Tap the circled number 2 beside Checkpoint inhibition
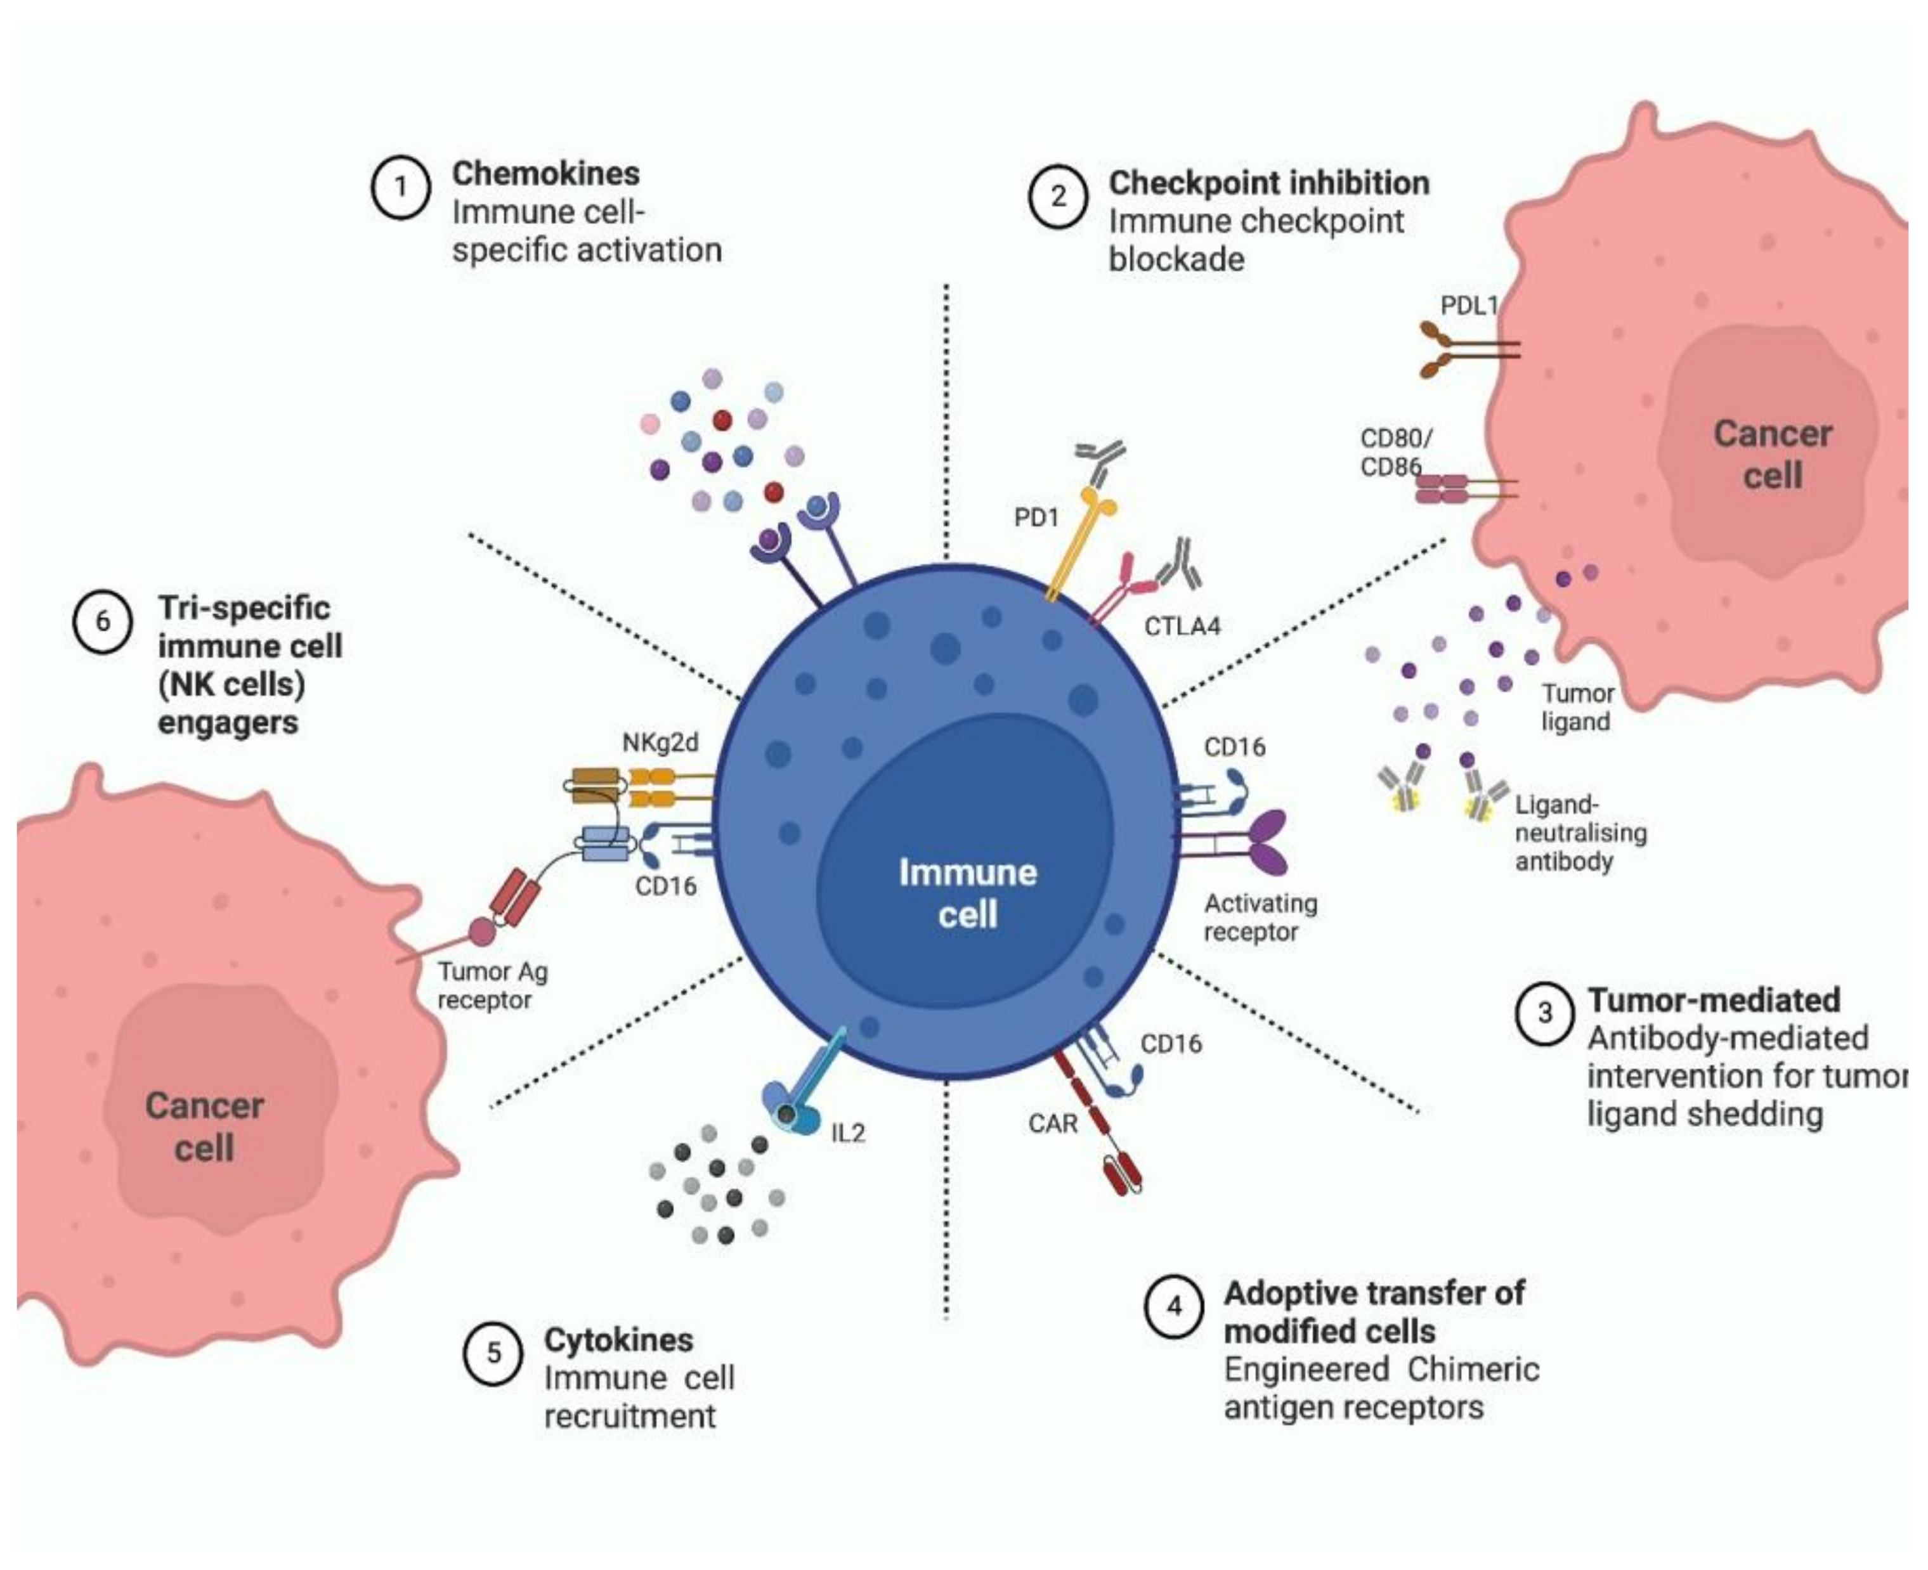click(x=1057, y=197)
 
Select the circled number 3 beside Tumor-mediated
click(x=1544, y=1014)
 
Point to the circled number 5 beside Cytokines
click(x=493, y=1353)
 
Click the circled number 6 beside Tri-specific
click(x=102, y=621)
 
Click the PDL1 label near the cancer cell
click(x=1469, y=306)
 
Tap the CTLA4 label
click(x=1182, y=626)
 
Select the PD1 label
click(x=1036, y=517)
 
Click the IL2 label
click(x=847, y=1133)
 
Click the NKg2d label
click(x=660, y=743)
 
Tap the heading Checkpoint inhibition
click(x=1269, y=183)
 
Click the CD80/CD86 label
click(x=1395, y=452)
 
